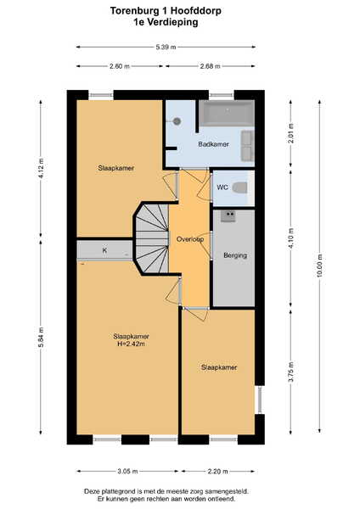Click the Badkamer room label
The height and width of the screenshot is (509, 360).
(213, 144)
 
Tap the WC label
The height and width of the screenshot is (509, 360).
(222, 187)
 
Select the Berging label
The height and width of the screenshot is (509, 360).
(235, 255)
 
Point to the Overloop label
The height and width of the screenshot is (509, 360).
(190, 239)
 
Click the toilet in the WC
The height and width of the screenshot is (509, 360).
(240, 187)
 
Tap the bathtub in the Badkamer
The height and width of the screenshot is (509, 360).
(227, 113)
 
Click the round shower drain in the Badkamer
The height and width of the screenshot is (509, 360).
(177, 121)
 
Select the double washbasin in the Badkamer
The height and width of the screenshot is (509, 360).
(248, 146)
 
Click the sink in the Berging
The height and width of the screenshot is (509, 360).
(228, 216)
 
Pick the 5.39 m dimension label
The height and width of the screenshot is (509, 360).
(166, 47)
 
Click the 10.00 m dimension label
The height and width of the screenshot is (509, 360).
(320, 266)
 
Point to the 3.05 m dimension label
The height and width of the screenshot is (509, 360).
(127, 472)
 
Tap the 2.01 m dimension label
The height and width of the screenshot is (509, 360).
(290, 133)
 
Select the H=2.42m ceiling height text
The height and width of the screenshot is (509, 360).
(132, 344)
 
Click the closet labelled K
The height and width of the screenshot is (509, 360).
(104, 250)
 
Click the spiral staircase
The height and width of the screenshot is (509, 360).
(152, 238)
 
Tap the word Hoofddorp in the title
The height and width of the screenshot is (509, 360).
(196, 11)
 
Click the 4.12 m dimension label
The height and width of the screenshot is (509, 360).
(41, 168)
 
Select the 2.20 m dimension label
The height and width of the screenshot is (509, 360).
(217, 472)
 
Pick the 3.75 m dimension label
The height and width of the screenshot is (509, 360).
(290, 372)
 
